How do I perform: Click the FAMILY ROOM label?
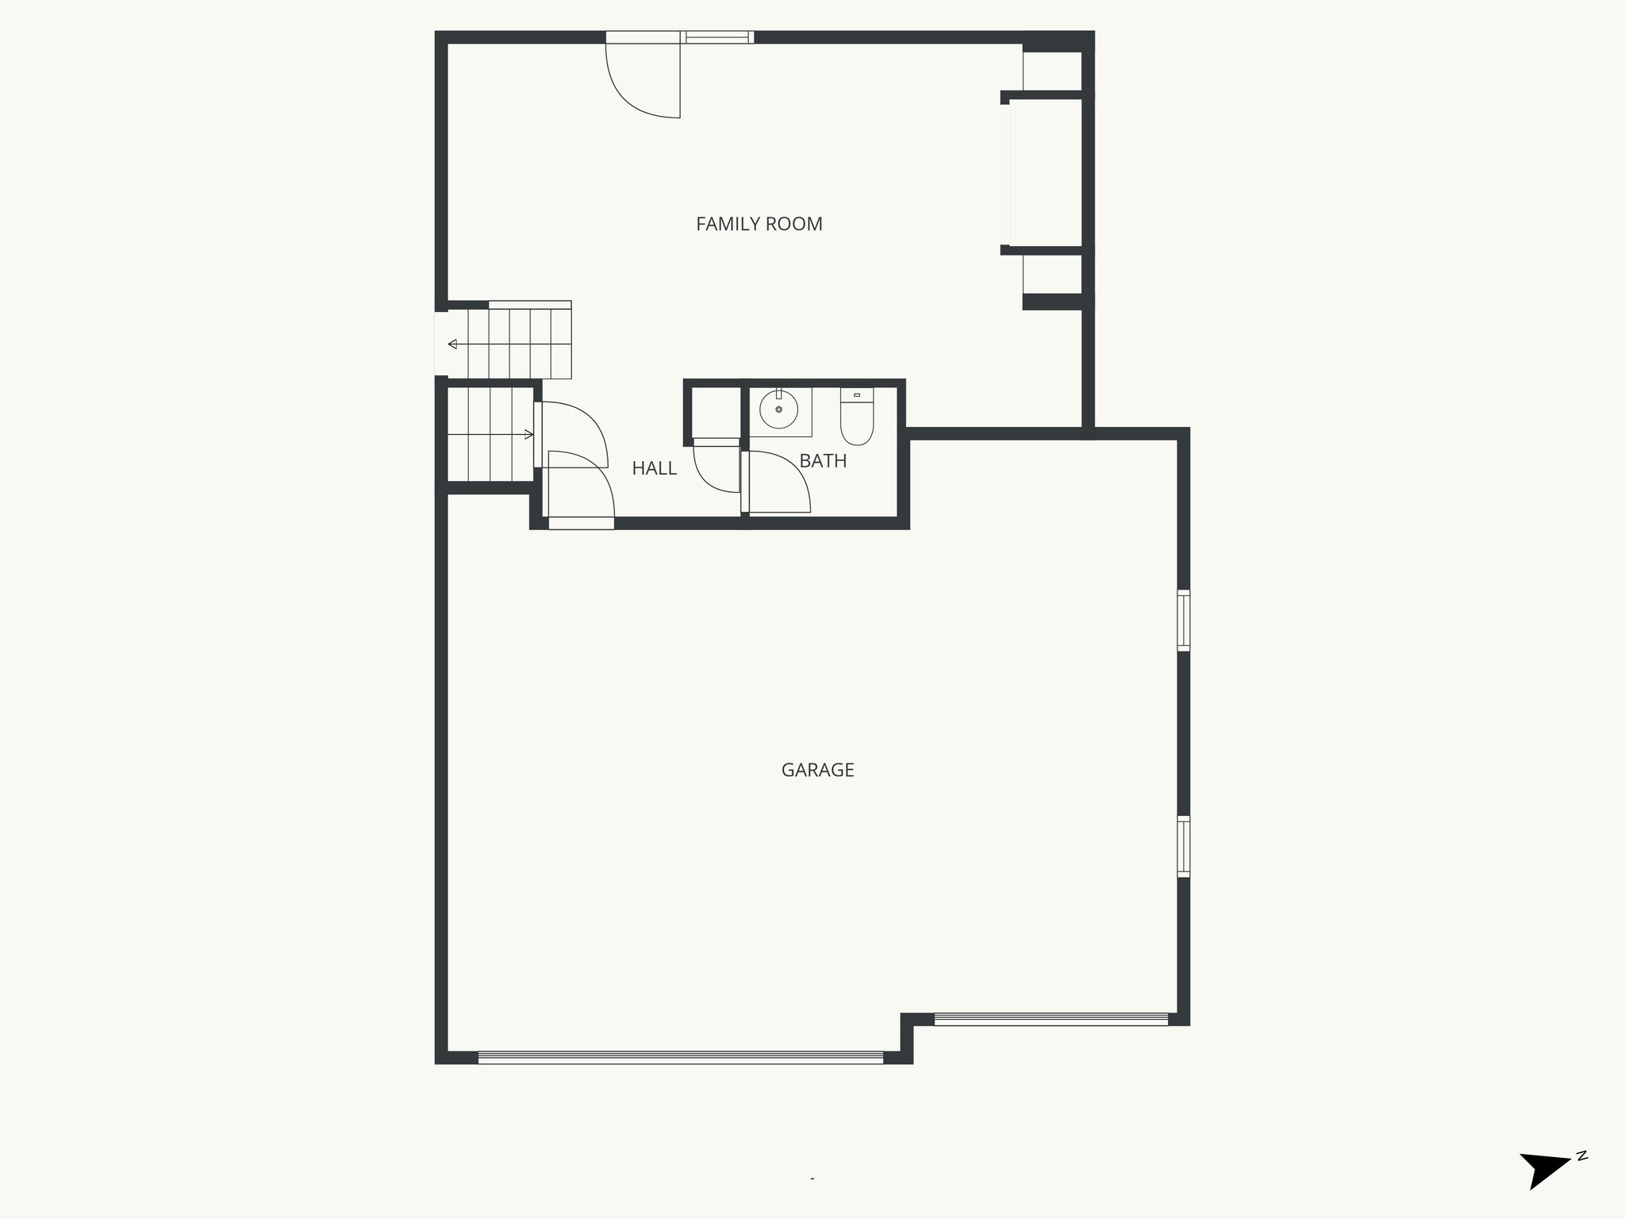(759, 225)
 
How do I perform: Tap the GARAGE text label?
(817, 771)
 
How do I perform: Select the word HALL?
(654, 469)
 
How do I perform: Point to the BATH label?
(823, 461)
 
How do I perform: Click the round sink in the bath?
(778, 410)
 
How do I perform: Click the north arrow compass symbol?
(1543, 1188)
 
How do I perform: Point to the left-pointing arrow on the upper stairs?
(453, 344)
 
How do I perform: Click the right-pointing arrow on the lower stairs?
(528, 434)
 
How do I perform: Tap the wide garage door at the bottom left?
(680, 1057)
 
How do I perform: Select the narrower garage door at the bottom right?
(1051, 1019)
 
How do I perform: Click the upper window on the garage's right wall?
(1183, 621)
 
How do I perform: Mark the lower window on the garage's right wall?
(1183, 846)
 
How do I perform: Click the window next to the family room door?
(718, 37)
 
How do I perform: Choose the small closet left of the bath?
(712, 412)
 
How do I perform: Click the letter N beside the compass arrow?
(1581, 1179)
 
